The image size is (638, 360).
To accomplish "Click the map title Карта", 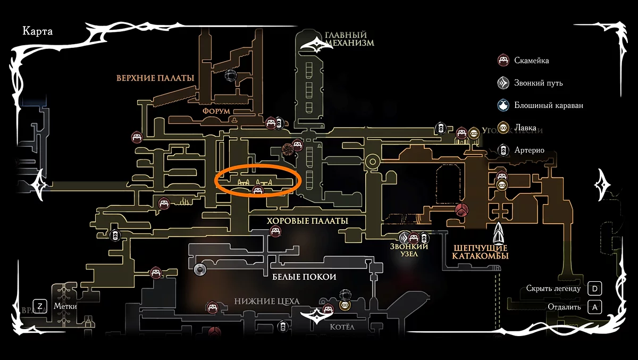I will point(37,31).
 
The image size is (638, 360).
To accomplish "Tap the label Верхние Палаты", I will point(155,78).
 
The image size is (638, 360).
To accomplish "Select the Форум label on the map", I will point(216,111).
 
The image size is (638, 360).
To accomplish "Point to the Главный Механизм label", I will point(349,39).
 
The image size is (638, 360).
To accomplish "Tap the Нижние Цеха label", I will point(267,302).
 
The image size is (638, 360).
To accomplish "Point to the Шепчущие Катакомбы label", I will point(480,252).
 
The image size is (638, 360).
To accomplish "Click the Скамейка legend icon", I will point(503,60).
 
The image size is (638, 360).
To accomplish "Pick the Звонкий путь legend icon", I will point(503,83).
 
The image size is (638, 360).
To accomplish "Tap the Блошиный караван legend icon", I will point(503,105).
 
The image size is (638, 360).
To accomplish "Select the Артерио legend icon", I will point(503,150).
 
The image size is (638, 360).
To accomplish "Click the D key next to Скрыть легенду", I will point(595,289).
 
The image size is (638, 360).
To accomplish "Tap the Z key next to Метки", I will point(40,306).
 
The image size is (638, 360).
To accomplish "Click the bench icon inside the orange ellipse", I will point(258,190).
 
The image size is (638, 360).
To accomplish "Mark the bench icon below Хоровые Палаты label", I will point(275,231).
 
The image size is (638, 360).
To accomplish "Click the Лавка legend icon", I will point(503,128).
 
